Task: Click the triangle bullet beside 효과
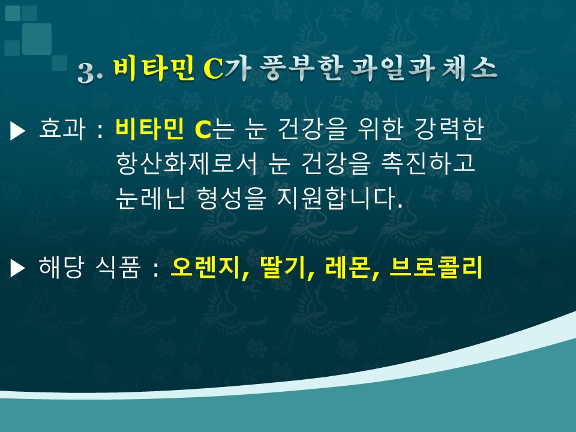(x=17, y=131)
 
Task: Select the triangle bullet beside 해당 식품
(x=17, y=268)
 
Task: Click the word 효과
(x=62, y=129)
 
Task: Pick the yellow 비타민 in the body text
(x=149, y=128)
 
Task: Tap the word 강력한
(x=449, y=129)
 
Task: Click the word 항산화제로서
(x=187, y=164)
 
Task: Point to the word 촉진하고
(x=428, y=164)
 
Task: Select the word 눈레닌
(x=150, y=198)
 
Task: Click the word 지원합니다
(x=340, y=198)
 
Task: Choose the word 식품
(x=118, y=267)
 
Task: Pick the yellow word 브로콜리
(x=436, y=268)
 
